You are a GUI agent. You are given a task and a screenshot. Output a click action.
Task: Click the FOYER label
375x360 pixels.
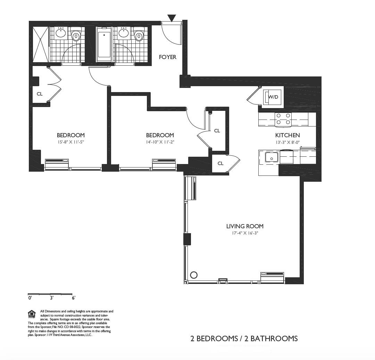point(168,57)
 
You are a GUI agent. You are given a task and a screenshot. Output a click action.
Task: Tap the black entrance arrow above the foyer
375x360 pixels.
point(172,18)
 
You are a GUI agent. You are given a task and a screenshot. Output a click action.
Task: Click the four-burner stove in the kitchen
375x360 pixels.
point(283,119)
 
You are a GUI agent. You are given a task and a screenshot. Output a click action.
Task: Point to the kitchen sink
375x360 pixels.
point(272,158)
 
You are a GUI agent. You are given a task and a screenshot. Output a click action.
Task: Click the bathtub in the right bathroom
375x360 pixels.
point(104,44)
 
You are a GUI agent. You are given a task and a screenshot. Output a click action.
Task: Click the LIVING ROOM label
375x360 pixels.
point(245,226)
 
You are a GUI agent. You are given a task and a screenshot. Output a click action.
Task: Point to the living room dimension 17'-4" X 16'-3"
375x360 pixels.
point(245,233)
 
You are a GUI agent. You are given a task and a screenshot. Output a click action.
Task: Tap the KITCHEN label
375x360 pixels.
point(287,135)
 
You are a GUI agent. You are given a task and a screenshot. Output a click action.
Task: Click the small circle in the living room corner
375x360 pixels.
point(194,275)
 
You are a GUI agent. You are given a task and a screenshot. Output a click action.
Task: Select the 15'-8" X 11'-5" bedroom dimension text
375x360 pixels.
point(71,142)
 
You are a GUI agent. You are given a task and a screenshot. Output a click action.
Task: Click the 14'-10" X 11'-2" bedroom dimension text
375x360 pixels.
point(160,142)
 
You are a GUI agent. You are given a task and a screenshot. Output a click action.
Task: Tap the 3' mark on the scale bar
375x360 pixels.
point(51,298)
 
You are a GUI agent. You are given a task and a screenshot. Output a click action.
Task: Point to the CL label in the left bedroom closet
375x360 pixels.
point(40,94)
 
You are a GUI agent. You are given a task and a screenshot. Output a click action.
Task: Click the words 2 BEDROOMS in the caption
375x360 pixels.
point(214,338)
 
